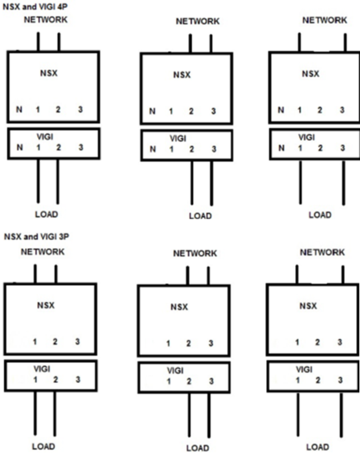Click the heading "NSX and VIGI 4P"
(35, 6)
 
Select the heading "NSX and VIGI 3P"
(36, 237)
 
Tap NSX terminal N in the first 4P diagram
(19, 110)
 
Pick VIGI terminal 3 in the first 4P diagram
(80, 147)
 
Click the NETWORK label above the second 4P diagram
(198, 21)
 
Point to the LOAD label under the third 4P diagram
(320, 215)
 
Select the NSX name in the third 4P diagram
(311, 74)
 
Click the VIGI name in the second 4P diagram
(178, 139)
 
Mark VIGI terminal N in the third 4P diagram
(281, 148)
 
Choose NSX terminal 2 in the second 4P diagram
(191, 111)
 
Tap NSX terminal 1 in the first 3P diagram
(34, 342)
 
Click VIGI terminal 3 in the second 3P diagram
(211, 381)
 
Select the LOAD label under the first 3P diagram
(43, 447)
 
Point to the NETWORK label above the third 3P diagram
(322, 253)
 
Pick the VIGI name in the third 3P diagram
(304, 369)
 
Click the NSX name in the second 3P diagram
(179, 307)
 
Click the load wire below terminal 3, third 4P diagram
(344, 183)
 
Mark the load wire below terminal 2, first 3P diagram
(54, 413)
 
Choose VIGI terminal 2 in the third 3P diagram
(318, 380)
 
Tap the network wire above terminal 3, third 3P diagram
(343, 275)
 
